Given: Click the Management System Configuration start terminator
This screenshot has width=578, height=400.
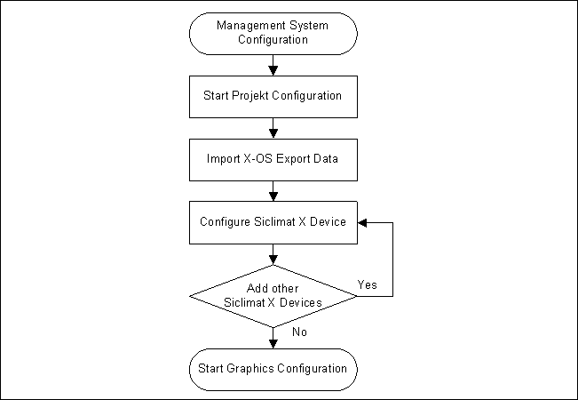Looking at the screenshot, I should (273, 33).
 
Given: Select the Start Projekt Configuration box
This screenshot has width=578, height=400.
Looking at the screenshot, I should (273, 95).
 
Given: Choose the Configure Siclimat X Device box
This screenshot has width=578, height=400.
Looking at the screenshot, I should (273, 221).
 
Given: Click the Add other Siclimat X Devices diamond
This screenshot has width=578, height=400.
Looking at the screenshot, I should (273, 296).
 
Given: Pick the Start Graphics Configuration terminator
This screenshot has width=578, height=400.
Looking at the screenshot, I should (273, 367).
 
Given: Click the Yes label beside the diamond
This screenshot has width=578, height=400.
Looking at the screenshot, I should (368, 284).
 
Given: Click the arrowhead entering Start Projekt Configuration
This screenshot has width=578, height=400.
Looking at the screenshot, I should (273, 69).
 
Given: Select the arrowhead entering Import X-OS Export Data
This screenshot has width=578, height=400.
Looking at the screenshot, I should (273, 133).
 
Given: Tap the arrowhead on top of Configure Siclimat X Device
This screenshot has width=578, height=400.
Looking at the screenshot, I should (273, 196).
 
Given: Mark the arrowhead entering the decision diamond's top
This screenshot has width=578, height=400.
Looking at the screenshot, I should (273, 260).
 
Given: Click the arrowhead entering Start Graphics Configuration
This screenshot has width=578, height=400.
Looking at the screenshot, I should (273, 341).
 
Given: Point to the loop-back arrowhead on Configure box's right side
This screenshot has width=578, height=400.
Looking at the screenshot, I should (363, 221).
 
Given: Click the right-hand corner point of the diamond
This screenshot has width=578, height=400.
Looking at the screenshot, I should (357, 296).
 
